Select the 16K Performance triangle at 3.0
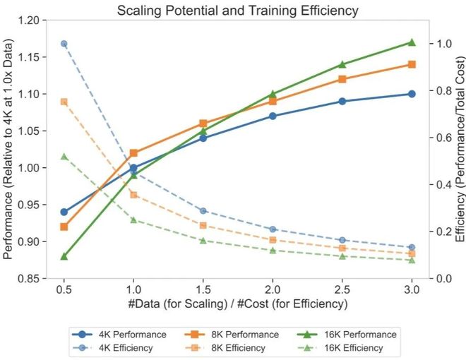point(412,42)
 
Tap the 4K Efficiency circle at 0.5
point(64,44)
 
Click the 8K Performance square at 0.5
point(64,227)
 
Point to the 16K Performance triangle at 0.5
point(64,256)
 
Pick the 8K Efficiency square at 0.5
point(64,102)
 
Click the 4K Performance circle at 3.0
point(412,94)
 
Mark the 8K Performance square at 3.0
point(412,64)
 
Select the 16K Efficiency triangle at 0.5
point(64,156)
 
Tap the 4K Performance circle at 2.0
point(273,116)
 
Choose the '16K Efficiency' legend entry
point(354,348)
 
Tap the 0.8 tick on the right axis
point(443,90)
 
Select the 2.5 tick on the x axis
point(342,289)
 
